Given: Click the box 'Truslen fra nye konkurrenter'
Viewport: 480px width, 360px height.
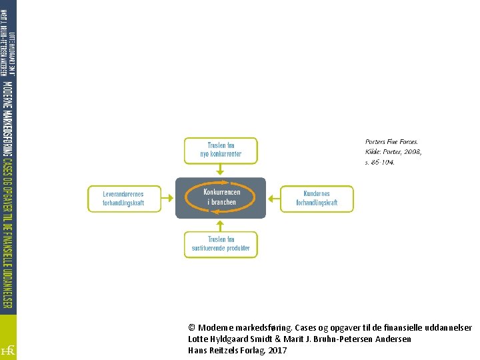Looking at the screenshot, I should [x=220, y=150].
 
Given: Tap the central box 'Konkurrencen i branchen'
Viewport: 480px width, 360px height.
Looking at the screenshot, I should [x=220, y=197].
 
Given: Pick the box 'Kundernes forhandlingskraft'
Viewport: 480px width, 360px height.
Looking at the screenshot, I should [x=317, y=199].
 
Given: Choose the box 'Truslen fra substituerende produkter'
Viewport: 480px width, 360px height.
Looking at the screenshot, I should [x=220, y=244].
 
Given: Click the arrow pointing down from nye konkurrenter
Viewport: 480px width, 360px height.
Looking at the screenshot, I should [x=220, y=169].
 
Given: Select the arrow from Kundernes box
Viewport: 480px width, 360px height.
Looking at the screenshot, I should [x=273, y=198].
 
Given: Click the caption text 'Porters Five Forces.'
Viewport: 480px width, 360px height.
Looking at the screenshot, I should [x=391, y=142].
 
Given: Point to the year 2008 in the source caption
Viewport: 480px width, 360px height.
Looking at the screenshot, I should [x=412, y=152].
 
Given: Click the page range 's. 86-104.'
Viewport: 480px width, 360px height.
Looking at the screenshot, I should [x=380, y=162].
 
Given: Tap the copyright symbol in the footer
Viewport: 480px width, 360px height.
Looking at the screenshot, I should [x=192, y=328].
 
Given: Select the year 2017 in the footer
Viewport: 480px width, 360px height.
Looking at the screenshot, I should [x=277, y=351].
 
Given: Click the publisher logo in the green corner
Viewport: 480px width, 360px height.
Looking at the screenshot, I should [x=8, y=349].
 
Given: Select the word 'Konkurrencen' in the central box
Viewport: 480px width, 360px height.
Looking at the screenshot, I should [x=221, y=192].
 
